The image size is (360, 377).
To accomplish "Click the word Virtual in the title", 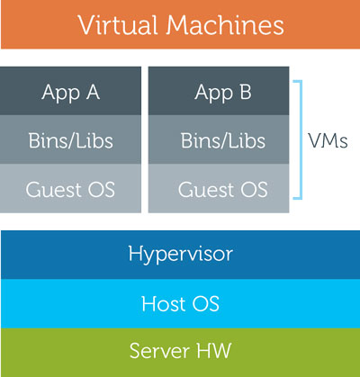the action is (118, 25).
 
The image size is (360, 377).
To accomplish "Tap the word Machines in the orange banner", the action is (225, 25).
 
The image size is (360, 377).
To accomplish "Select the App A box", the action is (70, 91).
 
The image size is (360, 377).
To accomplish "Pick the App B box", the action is (219, 91).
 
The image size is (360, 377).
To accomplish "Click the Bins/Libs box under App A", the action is (70, 139).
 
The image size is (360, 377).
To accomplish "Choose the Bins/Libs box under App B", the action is (219, 139).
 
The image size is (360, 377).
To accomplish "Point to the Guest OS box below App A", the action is (70, 188).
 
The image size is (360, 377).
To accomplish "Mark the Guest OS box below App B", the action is (219, 188).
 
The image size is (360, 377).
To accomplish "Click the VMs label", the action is (328, 140).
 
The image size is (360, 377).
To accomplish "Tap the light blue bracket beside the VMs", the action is (301, 139).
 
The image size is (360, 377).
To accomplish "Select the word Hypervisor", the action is (180, 255).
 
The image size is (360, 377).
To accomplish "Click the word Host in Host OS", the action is (164, 303).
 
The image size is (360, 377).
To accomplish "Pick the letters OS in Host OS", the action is (206, 303).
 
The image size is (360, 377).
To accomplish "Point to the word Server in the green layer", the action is (159, 350).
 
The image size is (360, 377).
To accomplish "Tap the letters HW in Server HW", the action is (214, 350).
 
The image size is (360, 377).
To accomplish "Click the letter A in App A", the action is (93, 92).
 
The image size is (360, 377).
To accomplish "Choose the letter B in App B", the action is (246, 92).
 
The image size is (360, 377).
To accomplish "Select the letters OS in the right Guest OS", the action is (255, 190).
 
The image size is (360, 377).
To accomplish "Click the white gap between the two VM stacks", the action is (145, 139).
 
